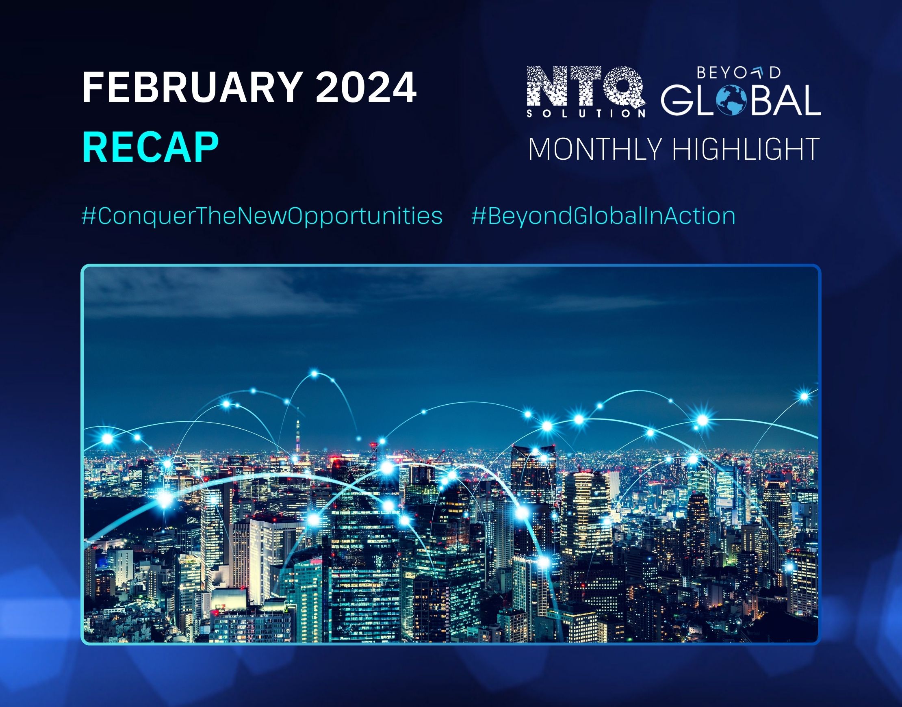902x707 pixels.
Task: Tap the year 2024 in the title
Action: coord(366,88)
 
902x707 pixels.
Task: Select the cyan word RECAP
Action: coord(151,148)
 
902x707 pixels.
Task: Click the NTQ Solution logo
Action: coord(586,92)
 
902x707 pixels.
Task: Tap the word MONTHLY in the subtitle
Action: coord(595,150)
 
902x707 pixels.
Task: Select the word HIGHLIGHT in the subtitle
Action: coord(746,150)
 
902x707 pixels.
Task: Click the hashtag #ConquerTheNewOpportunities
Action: coord(262,217)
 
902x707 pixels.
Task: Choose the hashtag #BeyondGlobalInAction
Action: coord(603,217)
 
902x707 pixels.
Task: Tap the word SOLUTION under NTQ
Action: coord(586,113)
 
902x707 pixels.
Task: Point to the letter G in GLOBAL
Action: coord(677,101)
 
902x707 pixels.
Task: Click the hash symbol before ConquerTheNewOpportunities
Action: coord(89,217)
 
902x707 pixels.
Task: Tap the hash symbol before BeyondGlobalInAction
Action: coord(478,217)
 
